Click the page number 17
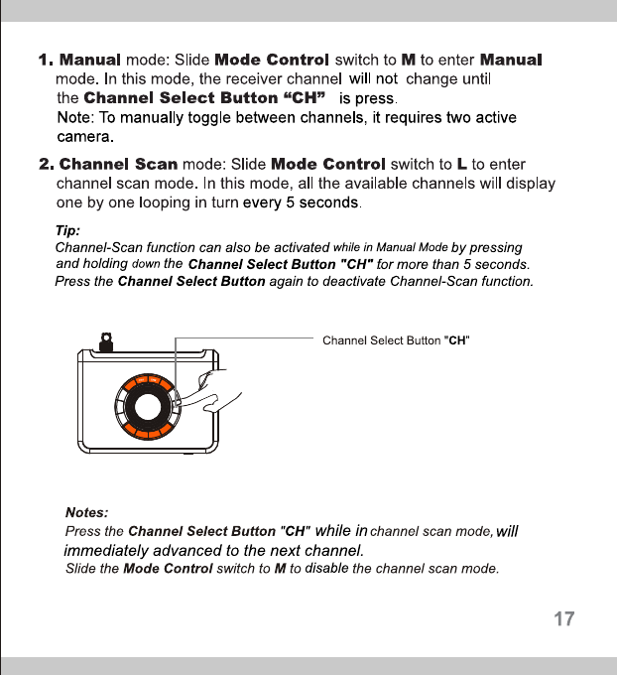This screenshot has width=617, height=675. [x=563, y=620]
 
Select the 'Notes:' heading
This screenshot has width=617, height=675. [x=86, y=513]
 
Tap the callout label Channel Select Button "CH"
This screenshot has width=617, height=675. [x=396, y=340]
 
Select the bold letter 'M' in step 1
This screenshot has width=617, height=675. [x=408, y=62]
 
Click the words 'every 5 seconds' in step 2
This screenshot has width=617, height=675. [x=302, y=203]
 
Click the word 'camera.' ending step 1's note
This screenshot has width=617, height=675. [x=86, y=135]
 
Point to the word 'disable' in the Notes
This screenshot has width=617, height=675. [x=326, y=569]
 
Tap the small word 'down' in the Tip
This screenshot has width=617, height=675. [x=145, y=264]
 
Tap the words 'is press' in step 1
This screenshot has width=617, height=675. [x=367, y=98]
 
